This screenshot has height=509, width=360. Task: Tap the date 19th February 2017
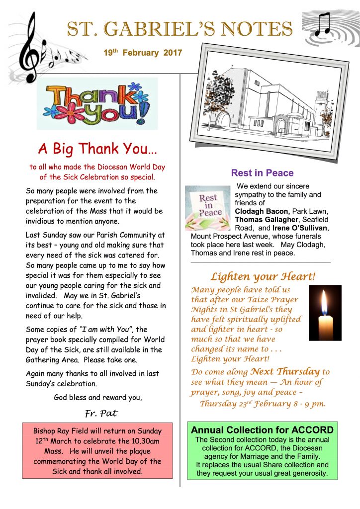[136, 53]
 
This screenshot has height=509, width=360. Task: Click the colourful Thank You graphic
[97, 103]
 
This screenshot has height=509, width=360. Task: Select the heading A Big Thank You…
[98, 149]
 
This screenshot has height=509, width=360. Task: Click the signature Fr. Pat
[98, 412]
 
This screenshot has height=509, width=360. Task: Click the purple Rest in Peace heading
[262, 173]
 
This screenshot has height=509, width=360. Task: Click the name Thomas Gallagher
[266, 220]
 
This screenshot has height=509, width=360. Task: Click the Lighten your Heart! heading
[263, 276]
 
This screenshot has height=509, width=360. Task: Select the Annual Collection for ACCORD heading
[263, 430]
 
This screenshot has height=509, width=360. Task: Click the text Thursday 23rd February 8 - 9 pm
[263, 403]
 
